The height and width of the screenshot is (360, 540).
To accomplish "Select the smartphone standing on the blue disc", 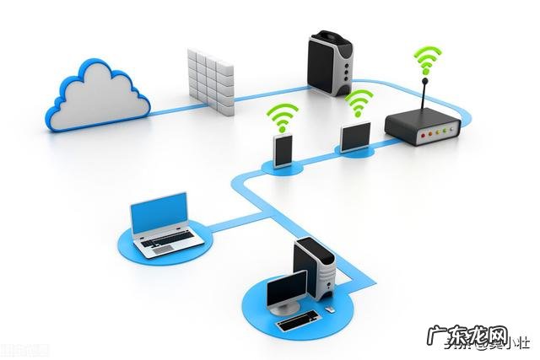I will pos(283,151).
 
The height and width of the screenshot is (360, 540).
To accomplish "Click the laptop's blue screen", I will pos(159,214).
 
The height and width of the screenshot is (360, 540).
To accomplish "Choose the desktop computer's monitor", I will pos(288,291).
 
